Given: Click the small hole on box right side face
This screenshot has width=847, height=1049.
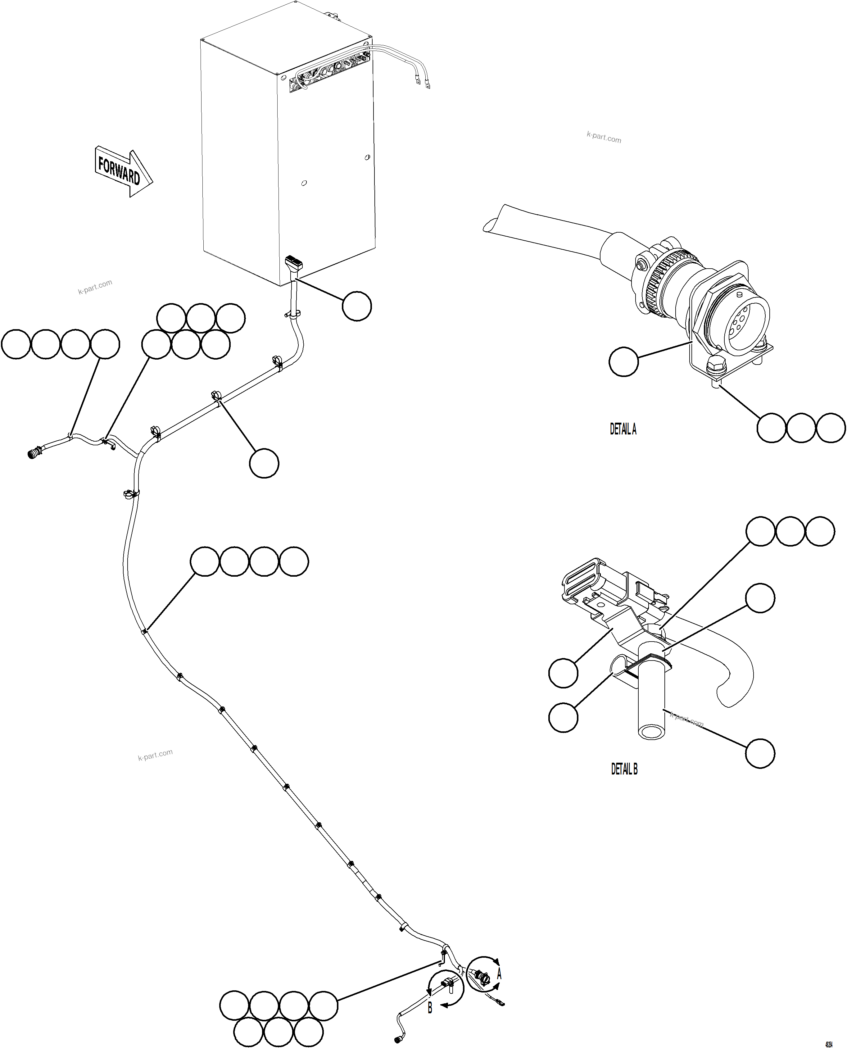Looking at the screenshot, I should tap(367, 157).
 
